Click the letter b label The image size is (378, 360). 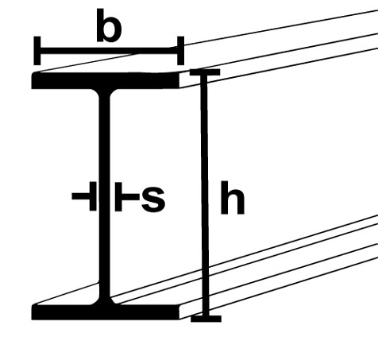click(x=109, y=25)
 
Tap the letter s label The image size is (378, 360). click(x=153, y=199)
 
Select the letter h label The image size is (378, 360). click(x=233, y=198)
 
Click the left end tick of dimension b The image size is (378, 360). click(x=37, y=51)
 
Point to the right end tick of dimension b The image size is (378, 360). click(x=180, y=51)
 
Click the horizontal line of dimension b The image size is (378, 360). click(x=109, y=51)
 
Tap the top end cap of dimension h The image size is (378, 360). click(x=205, y=72)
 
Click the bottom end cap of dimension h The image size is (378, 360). click(x=206, y=319)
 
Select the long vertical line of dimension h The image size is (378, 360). click(x=205, y=195)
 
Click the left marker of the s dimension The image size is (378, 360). click(x=85, y=196)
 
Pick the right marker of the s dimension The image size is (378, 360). click(x=127, y=196)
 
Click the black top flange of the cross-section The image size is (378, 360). click(x=106, y=80)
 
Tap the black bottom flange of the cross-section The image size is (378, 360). click(x=106, y=312)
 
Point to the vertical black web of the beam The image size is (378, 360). click(x=105, y=196)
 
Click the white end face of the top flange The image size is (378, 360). click(x=185, y=79)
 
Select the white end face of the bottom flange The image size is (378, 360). click(x=185, y=312)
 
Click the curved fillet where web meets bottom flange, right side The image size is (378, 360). click(x=114, y=301)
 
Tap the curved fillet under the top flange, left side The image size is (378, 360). click(x=96, y=93)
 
